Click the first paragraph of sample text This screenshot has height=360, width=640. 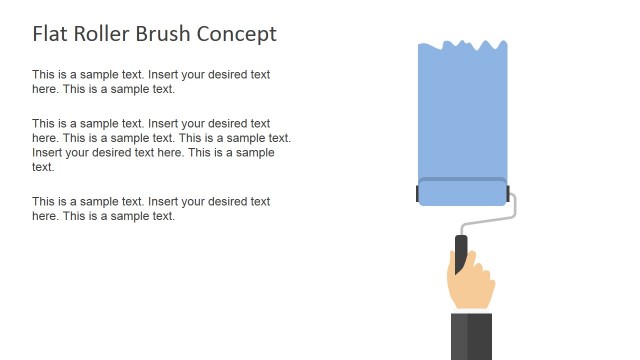pyautogui.click(x=151, y=81)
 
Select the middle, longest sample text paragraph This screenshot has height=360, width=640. pyautogui.click(x=160, y=145)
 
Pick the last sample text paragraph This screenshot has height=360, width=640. pyautogui.click(x=151, y=208)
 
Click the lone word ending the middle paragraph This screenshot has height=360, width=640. pyautogui.click(x=43, y=167)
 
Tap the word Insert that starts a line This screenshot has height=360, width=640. pyautogui.click(x=49, y=153)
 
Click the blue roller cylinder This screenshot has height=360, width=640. pyautogui.click(x=462, y=194)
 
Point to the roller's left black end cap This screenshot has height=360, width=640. pyautogui.click(x=418, y=193)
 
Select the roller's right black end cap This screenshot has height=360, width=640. pyautogui.click(x=508, y=193)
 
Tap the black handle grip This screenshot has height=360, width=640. pyautogui.click(x=461, y=251)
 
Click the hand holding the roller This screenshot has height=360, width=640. pyautogui.click(x=471, y=285)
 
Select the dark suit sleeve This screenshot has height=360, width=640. pyautogui.click(x=470, y=335)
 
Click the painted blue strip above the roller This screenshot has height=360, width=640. pyautogui.click(x=462, y=110)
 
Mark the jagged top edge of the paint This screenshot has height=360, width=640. pyautogui.click(x=462, y=44)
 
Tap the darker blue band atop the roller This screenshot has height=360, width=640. pyautogui.click(x=462, y=180)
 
